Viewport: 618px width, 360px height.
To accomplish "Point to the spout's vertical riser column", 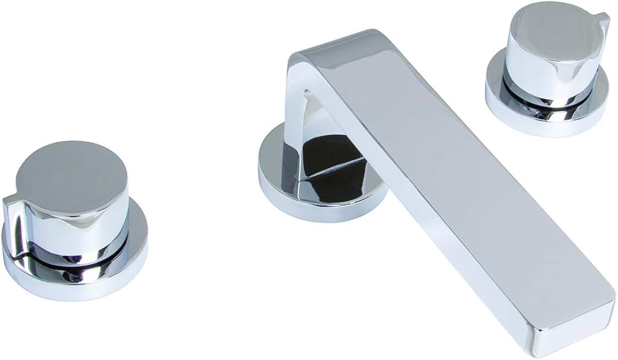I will click(300, 110).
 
